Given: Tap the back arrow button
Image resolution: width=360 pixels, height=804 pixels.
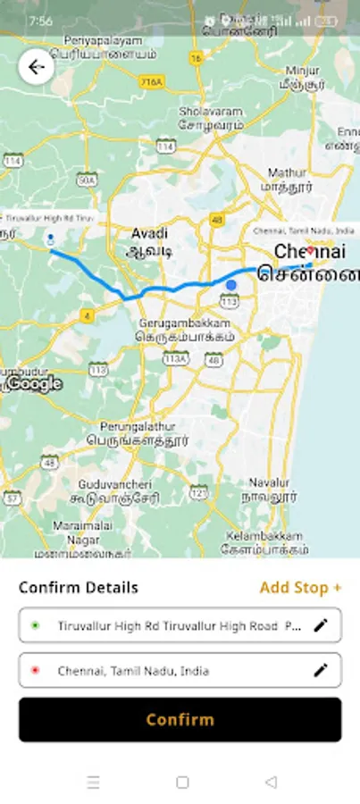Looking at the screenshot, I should point(37,67).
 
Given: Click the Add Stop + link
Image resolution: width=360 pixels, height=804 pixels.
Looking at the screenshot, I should point(300,587).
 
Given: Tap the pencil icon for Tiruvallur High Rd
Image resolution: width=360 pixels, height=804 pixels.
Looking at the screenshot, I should point(321,625).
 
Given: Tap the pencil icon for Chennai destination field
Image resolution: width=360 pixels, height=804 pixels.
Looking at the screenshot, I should point(321,670).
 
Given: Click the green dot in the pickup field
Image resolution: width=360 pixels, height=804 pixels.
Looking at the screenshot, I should point(35,626).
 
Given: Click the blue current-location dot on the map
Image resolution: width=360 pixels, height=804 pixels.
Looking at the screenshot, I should point(231,285).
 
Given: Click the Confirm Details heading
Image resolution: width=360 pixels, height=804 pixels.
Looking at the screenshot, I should point(79,587).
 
